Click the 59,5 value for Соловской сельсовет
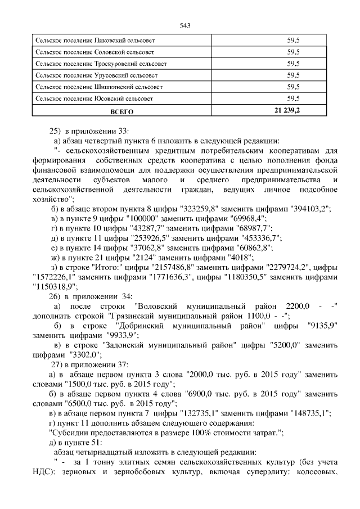[292, 52]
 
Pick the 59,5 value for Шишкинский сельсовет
[292, 87]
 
